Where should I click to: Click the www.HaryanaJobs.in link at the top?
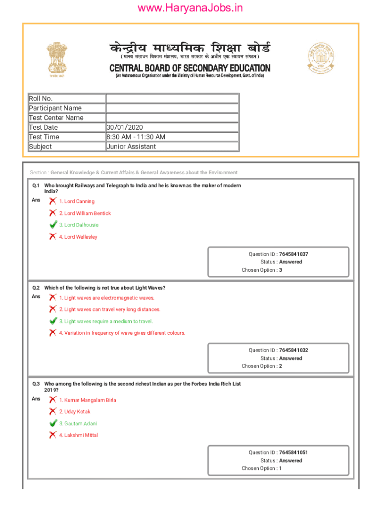190,8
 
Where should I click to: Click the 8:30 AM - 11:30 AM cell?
136,137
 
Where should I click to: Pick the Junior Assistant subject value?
131,147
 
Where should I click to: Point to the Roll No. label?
41,99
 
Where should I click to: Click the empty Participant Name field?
172,108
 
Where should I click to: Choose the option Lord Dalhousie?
79,225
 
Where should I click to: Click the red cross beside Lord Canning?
52,201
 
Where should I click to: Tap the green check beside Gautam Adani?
53,423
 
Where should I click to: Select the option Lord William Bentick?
85,213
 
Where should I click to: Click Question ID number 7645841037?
293,254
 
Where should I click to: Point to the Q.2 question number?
36,288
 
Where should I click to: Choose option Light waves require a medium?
106,321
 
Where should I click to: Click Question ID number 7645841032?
293,350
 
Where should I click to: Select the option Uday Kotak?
75,411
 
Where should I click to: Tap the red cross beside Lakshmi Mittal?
52,435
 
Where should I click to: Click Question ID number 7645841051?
293,453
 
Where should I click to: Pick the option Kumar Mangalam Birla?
88,400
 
